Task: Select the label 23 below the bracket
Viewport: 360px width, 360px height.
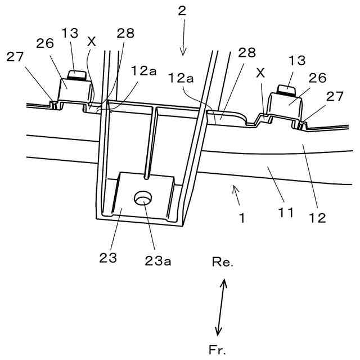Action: (109, 258)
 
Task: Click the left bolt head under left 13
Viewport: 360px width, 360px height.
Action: (76, 74)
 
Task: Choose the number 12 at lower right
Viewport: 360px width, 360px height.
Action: (318, 217)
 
